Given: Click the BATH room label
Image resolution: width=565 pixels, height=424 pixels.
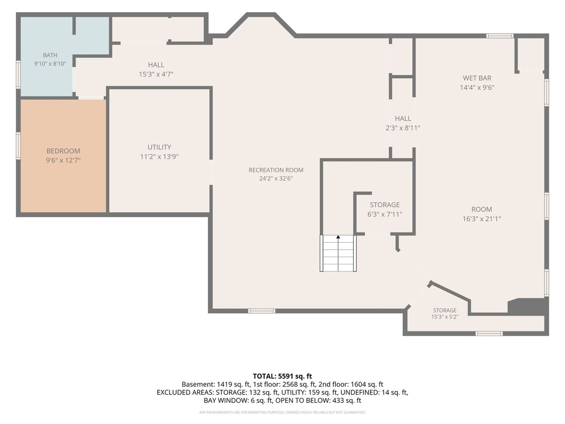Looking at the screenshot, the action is coord(50,55).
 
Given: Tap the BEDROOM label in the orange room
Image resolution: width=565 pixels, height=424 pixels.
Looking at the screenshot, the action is coord(63,151).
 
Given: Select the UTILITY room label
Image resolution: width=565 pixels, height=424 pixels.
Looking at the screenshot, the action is coord(159,147).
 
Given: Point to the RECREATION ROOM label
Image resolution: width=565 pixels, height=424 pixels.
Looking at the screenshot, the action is coord(276,170).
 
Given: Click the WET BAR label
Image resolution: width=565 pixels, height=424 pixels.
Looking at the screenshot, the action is coord(477,78).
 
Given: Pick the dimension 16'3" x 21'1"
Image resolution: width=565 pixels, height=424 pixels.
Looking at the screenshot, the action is coord(482,219).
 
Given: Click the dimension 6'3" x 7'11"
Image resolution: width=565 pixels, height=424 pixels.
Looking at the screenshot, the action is coord(385,214).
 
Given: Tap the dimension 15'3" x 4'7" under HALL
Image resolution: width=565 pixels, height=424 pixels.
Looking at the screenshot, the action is coord(156,74).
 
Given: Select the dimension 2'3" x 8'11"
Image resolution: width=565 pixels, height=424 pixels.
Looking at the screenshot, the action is coord(403,128).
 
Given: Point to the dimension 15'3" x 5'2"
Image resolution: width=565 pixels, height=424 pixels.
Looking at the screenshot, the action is coord(445,317).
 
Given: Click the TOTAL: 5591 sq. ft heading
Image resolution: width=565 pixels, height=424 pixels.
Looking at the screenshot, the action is coord(282,376).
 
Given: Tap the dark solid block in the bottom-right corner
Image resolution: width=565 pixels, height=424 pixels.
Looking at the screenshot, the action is coord(528,307).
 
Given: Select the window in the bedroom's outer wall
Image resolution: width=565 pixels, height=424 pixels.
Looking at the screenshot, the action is coord(18,146).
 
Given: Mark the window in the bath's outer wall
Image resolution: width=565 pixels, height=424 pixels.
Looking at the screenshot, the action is coord(18,74).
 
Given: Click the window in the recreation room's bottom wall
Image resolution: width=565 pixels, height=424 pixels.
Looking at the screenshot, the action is coord(261,311).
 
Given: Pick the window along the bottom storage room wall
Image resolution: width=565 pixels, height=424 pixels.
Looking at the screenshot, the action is coord(489,334).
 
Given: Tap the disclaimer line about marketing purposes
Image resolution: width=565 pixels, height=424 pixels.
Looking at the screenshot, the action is coord(282,412).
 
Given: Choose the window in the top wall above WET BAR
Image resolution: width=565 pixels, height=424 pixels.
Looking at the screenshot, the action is coord(500,36).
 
